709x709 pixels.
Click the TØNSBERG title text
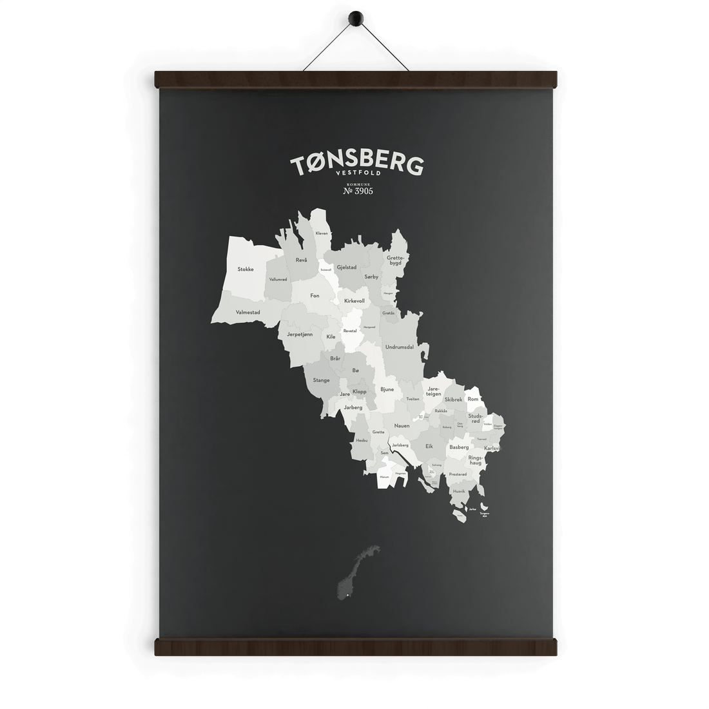click(x=356, y=166)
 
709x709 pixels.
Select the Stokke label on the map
click(x=245, y=269)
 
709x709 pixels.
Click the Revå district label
click(x=301, y=259)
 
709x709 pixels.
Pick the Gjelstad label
click(x=347, y=267)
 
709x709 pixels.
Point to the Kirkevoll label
click(x=354, y=300)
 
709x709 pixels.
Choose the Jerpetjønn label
click(x=300, y=335)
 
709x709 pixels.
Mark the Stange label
click(x=321, y=380)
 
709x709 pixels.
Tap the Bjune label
click(x=387, y=389)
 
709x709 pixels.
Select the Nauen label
click(x=402, y=425)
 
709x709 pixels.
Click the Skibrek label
click(x=453, y=400)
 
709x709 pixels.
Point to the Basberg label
click(x=459, y=447)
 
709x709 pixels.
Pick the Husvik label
click(x=459, y=491)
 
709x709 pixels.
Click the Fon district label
click(x=315, y=295)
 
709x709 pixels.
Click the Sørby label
click(x=371, y=276)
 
